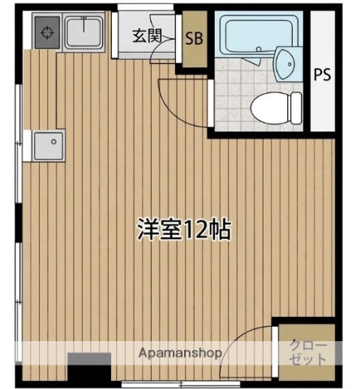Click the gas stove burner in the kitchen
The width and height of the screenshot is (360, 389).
point(45,34)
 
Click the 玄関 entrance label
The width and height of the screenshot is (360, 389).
point(147,36)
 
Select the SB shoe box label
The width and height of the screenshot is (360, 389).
point(194,37)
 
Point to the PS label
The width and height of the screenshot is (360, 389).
point(322,75)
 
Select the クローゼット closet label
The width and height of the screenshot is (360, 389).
point(308,352)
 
